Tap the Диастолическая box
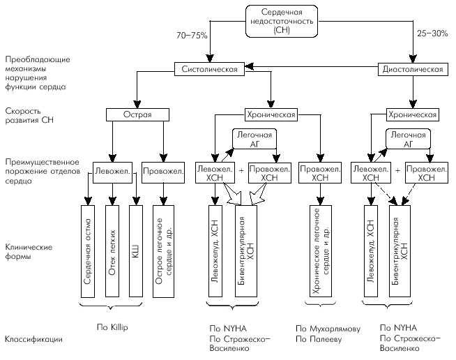411,68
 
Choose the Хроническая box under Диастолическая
411,114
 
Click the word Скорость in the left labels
20,110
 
